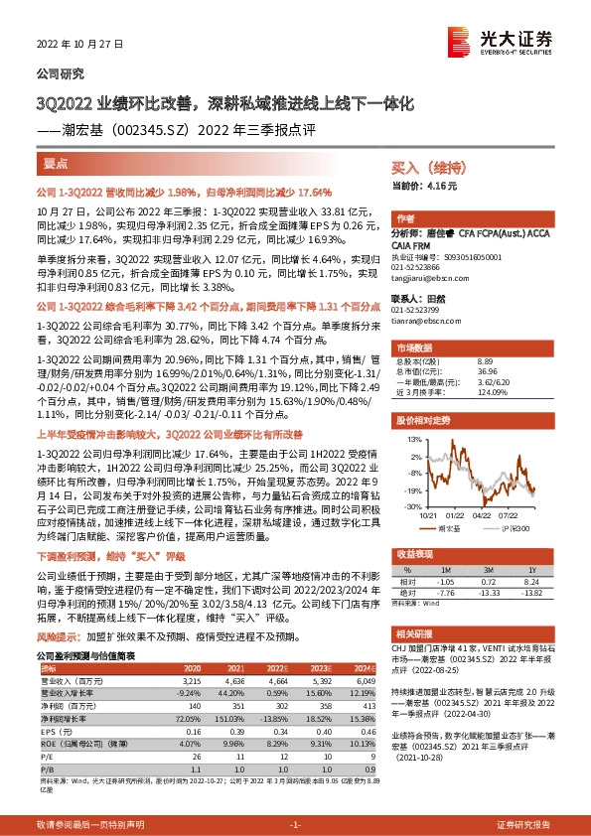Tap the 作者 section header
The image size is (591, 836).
[405, 218]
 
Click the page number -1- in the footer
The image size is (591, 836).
[295, 825]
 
